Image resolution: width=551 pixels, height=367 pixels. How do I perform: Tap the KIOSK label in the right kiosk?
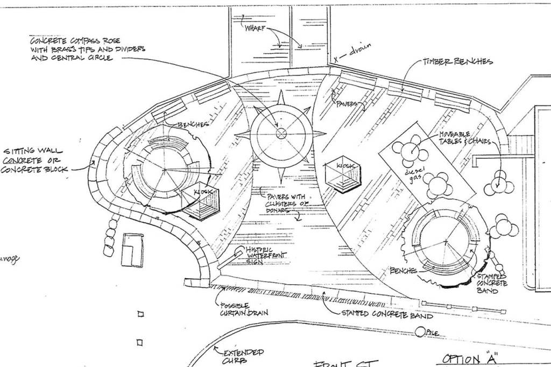point(345,166)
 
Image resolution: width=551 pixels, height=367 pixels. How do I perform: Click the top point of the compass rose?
point(280,94)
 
